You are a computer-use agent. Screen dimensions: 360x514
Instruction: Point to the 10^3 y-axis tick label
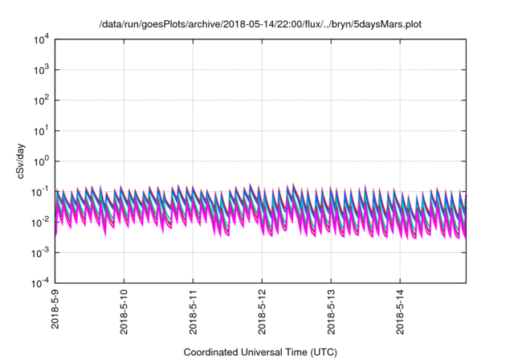(x=40, y=70)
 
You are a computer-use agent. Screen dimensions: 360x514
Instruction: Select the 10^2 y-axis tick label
(x=40, y=100)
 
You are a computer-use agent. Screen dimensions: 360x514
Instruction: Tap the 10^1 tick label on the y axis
(x=40, y=130)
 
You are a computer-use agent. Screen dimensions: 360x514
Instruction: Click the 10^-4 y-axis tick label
(x=39, y=283)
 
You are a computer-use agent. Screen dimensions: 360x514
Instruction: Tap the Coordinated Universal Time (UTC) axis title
(x=261, y=352)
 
